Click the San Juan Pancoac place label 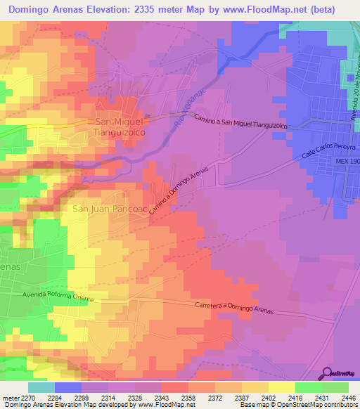(109, 209)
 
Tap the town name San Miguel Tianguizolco (119, 126)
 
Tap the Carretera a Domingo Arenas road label (233, 307)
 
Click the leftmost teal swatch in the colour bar (41, 387)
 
